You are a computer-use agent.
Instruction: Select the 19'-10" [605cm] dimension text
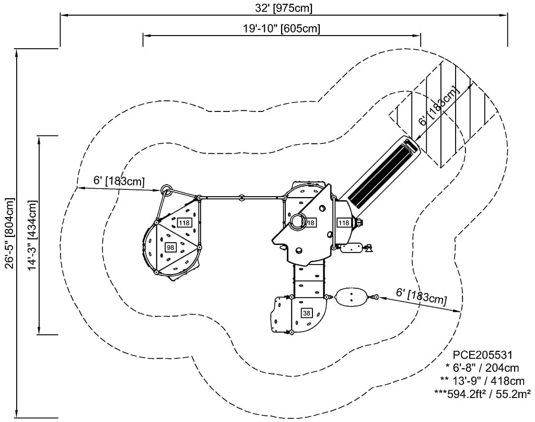coord(282,28)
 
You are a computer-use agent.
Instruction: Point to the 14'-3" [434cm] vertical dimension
coord(32,235)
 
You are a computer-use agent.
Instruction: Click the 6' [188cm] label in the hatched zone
coord(440,107)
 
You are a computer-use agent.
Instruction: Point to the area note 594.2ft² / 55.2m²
coord(482,392)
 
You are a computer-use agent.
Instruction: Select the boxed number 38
coord(306,313)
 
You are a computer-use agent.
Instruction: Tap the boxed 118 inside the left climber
coord(184,223)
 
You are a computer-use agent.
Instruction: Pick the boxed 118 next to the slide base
coord(343,223)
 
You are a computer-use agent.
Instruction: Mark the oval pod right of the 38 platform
coord(351,297)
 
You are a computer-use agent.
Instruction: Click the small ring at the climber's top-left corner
coord(167,189)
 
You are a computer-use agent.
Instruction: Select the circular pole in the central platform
coord(297,221)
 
